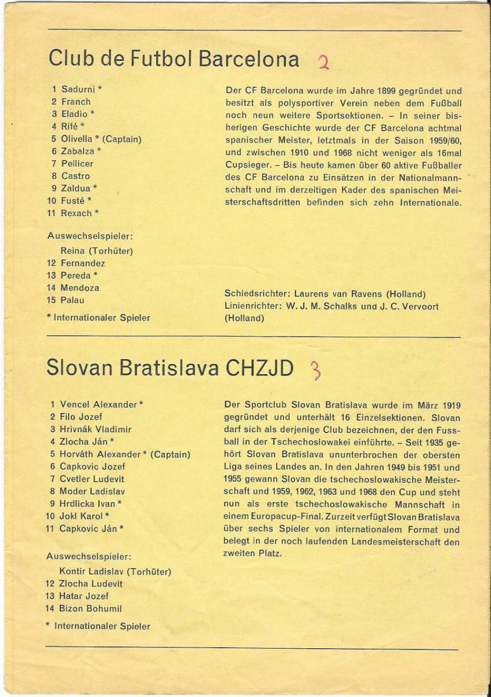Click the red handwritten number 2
click(x=324, y=61)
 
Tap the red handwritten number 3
click(x=316, y=369)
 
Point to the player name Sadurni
click(x=78, y=89)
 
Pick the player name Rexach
click(x=77, y=213)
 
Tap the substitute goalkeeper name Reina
click(x=73, y=251)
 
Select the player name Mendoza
click(x=80, y=288)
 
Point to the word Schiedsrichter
click(x=256, y=294)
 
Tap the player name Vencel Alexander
click(x=99, y=404)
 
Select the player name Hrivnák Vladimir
click(x=96, y=429)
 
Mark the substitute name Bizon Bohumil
click(x=91, y=609)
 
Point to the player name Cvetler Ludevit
click(x=92, y=479)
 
